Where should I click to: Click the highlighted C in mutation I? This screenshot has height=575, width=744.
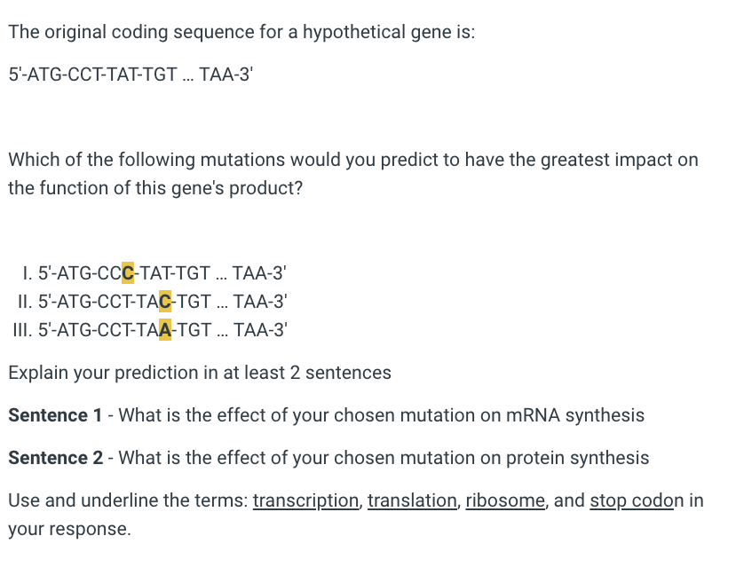tap(127, 273)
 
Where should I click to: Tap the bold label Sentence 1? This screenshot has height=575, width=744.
tap(55, 415)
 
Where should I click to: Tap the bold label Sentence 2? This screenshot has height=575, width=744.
tap(55, 458)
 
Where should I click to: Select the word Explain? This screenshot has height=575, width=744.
tap(38, 373)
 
